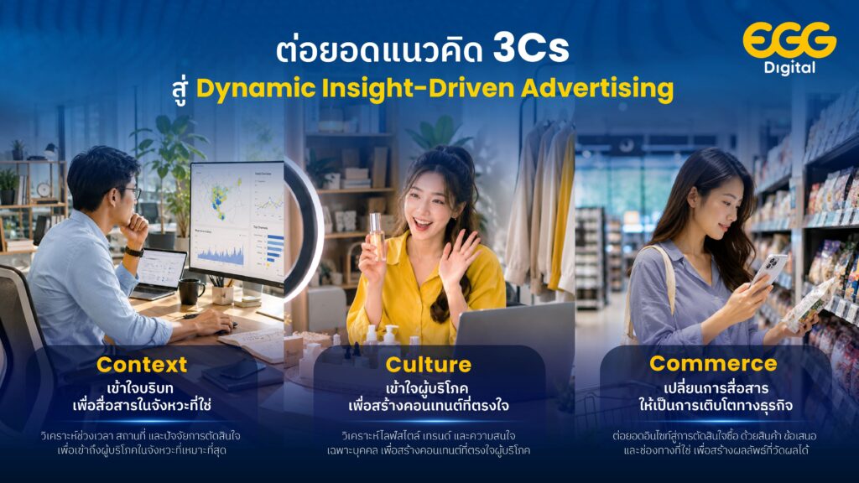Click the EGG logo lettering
[x=789, y=40]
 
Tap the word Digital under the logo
[x=790, y=68]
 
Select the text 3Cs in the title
[x=531, y=48]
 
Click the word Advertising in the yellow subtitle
[x=597, y=88]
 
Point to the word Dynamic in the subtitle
[x=255, y=89]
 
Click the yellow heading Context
[x=142, y=365]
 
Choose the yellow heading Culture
[x=429, y=365]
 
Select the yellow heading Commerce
[x=713, y=364]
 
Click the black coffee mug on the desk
[x=191, y=291]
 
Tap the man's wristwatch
[x=134, y=252]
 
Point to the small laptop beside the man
[x=159, y=275]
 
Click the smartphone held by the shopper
[x=768, y=269]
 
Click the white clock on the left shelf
[x=44, y=190]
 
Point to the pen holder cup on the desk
[x=223, y=294]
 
